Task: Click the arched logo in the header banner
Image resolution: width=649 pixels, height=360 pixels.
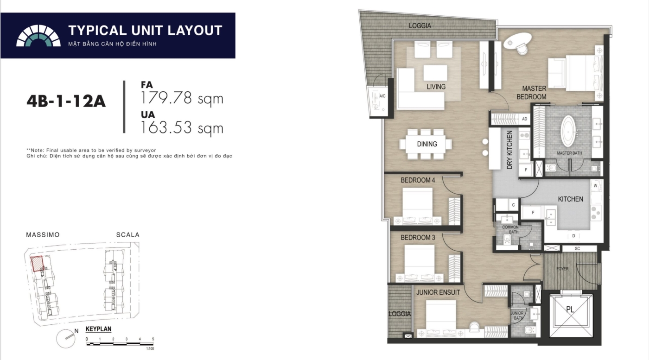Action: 38,36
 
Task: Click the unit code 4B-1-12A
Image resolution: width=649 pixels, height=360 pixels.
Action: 66,101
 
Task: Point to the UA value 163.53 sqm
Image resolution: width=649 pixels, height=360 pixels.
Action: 182,127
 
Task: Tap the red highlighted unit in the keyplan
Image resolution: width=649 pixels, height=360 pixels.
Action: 37,264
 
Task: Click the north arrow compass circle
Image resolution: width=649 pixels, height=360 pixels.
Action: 66,339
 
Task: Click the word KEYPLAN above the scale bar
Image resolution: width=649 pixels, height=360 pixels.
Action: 98,329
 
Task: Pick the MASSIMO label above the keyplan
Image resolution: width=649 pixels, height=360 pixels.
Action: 43,234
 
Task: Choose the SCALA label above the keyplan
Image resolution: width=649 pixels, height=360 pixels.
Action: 128,234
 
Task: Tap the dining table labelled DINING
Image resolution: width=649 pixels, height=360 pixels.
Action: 426,144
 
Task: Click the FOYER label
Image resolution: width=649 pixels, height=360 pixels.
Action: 562,269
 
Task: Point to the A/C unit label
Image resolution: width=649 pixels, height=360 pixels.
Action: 382,96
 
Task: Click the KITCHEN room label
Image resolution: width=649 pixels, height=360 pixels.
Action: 571,199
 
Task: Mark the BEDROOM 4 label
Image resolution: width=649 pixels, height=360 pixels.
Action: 418,180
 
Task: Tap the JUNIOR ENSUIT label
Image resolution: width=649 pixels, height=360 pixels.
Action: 438,292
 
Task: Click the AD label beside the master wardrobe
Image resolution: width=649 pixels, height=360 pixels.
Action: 524,119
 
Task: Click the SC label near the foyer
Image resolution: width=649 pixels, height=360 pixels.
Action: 578,248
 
